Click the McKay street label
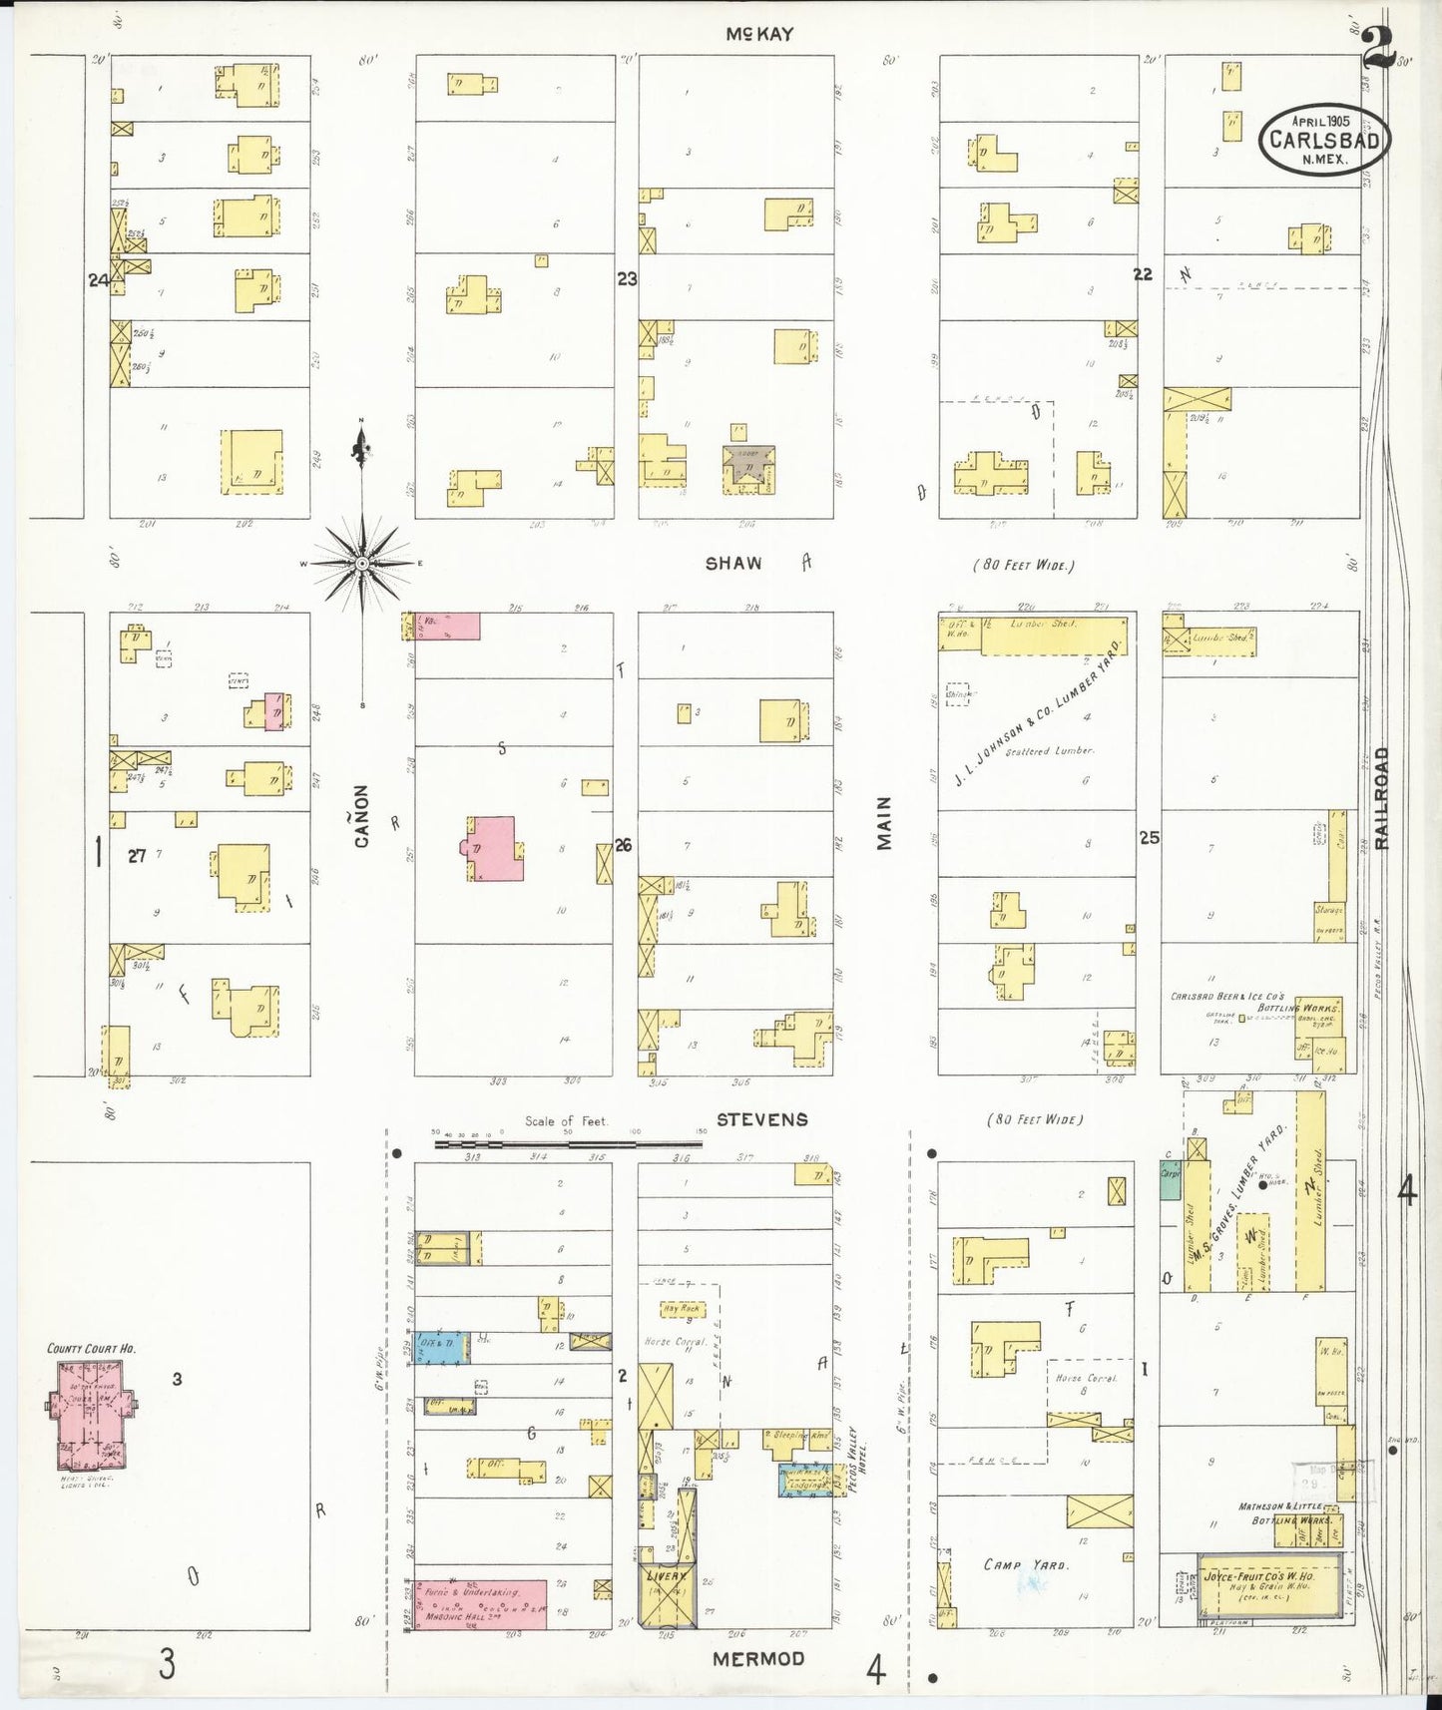(759, 34)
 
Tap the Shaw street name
(733, 564)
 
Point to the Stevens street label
(761, 1119)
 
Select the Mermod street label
(758, 1658)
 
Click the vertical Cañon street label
(361, 816)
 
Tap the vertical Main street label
(884, 823)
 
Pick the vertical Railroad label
(1381, 798)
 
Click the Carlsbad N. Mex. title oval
(1323, 140)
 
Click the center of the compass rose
(362, 564)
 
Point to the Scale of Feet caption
(566, 1121)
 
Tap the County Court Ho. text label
(91, 1349)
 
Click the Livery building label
(666, 1576)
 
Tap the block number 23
(626, 279)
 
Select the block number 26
(623, 845)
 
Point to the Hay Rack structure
(683, 1308)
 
